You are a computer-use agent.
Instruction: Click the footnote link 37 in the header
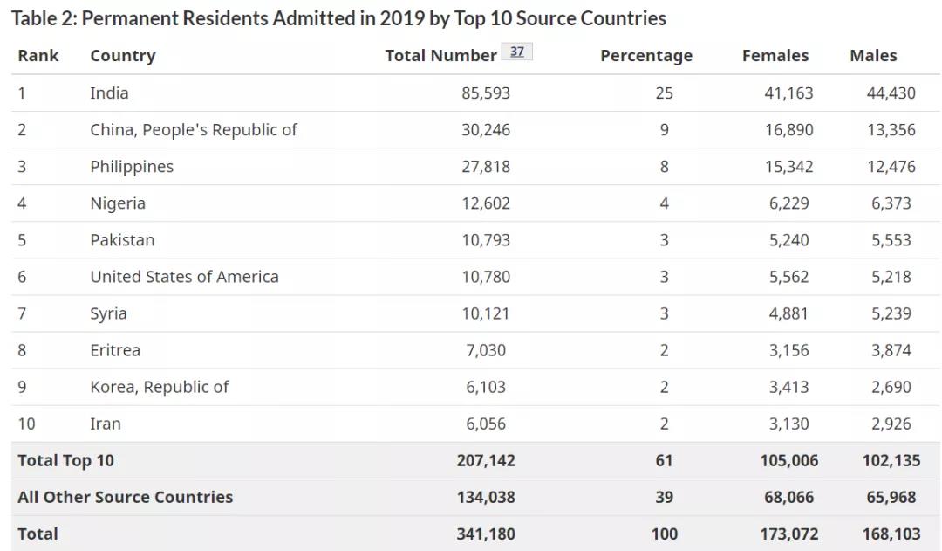(x=516, y=52)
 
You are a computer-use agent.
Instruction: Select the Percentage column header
(x=646, y=56)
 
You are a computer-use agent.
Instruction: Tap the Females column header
(x=775, y=55)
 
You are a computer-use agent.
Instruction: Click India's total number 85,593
(x=486, y=93)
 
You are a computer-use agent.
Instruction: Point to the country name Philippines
(x=132, y=167)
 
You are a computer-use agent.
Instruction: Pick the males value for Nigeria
(x=891, y=203)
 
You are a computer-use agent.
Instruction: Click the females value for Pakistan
(x=788, y=240)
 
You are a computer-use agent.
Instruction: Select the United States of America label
(x=184, y=277)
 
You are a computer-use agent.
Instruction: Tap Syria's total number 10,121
(x=486, y=313)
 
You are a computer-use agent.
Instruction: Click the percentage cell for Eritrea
(x=664, y=350)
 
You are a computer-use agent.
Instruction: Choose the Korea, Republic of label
(x=160, y=387)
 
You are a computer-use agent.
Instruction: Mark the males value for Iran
(x=891, y=424)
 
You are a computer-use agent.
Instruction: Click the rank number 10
(x=26, y=424)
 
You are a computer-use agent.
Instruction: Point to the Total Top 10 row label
(x=65, y=460)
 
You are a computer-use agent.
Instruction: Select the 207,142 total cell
(x=486, y=460)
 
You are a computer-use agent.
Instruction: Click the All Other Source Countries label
(x=125, y=497)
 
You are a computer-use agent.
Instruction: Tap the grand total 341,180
(x=486, y=534)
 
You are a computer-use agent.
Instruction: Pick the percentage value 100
(x=664, y=534)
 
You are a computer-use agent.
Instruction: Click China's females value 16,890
(x=788, y=130)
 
